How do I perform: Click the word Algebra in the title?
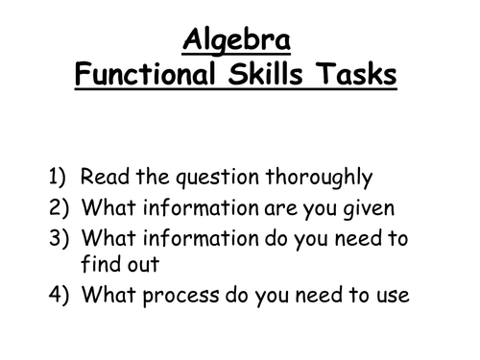[239, 40]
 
